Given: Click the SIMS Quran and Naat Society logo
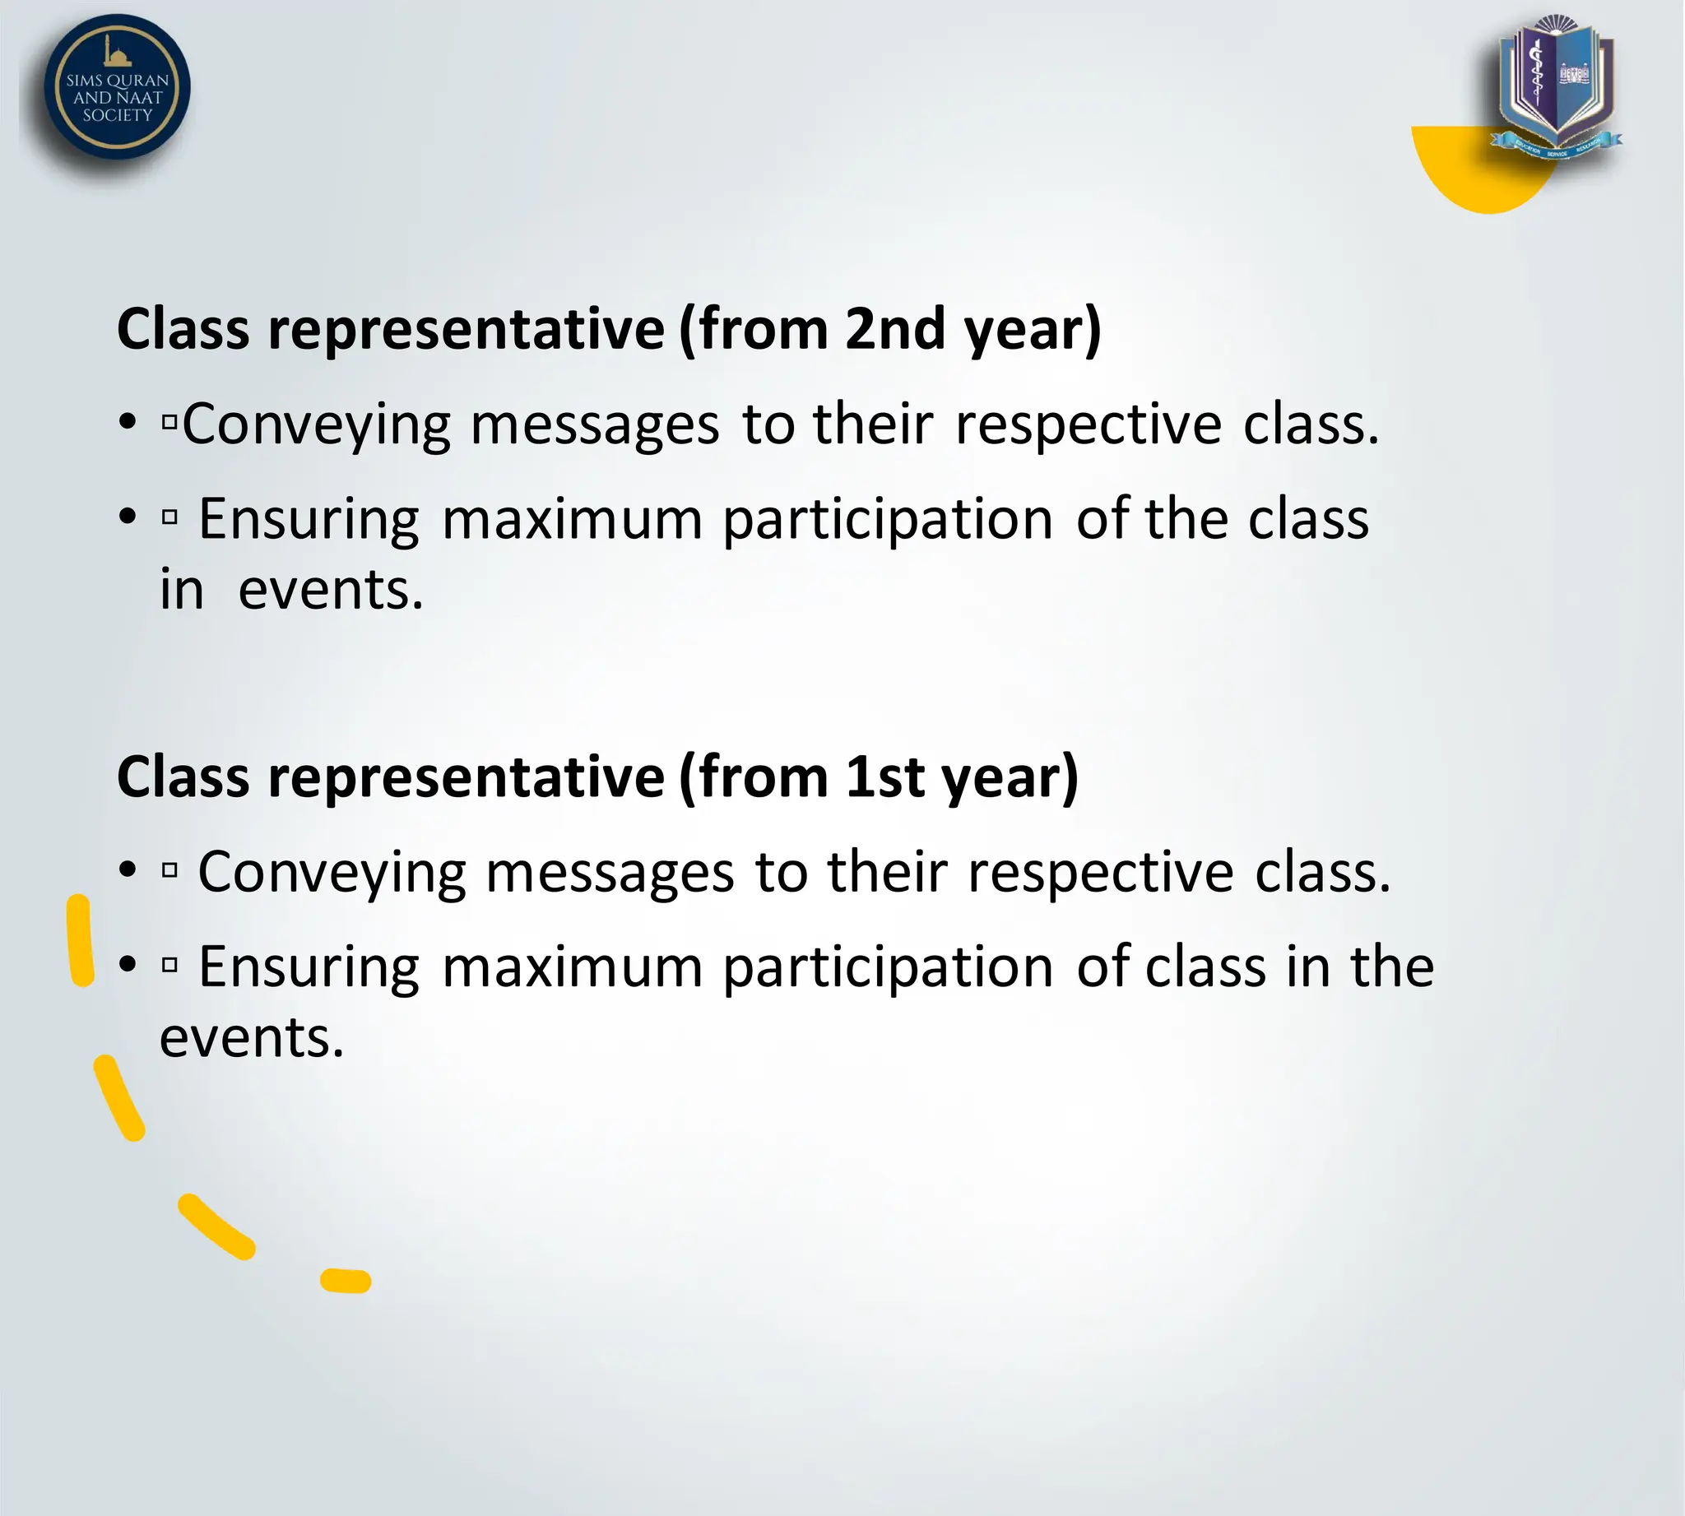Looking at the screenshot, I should click(117, 86).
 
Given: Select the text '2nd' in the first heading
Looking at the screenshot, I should click(895, 328).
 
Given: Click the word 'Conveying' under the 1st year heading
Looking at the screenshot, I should click(332, 873).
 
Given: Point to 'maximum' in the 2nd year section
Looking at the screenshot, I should click(572, 520).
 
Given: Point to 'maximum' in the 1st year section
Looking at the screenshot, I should click(572, 967).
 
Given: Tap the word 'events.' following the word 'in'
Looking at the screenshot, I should click(331, 591).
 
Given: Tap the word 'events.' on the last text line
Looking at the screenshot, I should click(252, 1039).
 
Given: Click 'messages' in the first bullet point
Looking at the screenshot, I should click(594, 424).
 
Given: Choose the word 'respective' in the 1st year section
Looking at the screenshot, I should click(1100, 873).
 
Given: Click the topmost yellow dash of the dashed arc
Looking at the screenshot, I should click(80, 939).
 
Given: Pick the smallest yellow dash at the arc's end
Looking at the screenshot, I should click(346, 1281).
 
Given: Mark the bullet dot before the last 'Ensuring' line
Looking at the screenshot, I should click(127, 965).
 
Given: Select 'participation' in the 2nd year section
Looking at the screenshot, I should click(888, 520).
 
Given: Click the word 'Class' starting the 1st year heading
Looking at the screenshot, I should click(183, 777).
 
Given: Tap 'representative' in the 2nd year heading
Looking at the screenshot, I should click(466, 328).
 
